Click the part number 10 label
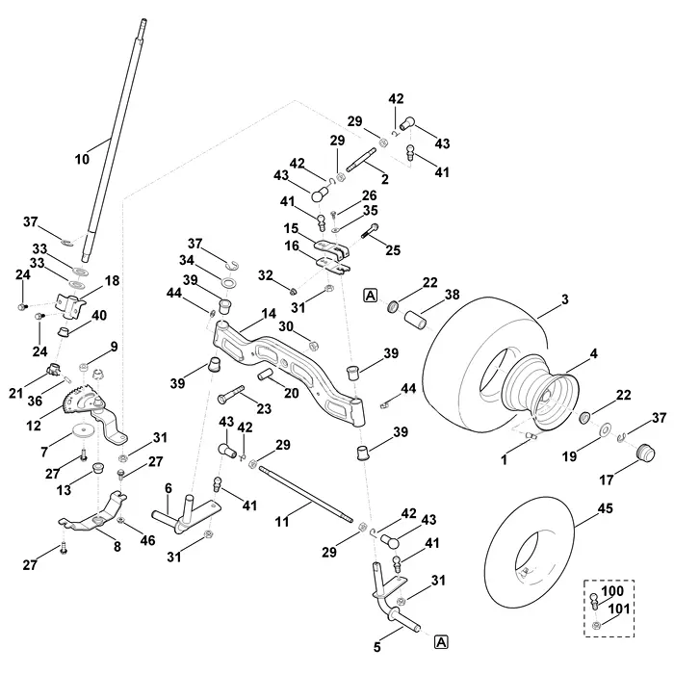[x=82, y=159]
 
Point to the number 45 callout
[x=605, y=508]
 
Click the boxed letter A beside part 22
[x=370, y=296]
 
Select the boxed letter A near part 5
[x=441, y=642]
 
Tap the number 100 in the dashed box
[x=612, y=591]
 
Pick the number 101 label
[x=619, y=609]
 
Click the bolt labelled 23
[x=231, y=394]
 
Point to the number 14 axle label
[x=269, y=314]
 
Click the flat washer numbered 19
[x=606, y=429]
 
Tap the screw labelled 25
[x=369, y=232]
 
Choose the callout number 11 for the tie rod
[x=282, y=522]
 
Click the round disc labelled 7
[x=82, y=430]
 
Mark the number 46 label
[x=147, y=540]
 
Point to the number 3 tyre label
[x=565, y=299]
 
